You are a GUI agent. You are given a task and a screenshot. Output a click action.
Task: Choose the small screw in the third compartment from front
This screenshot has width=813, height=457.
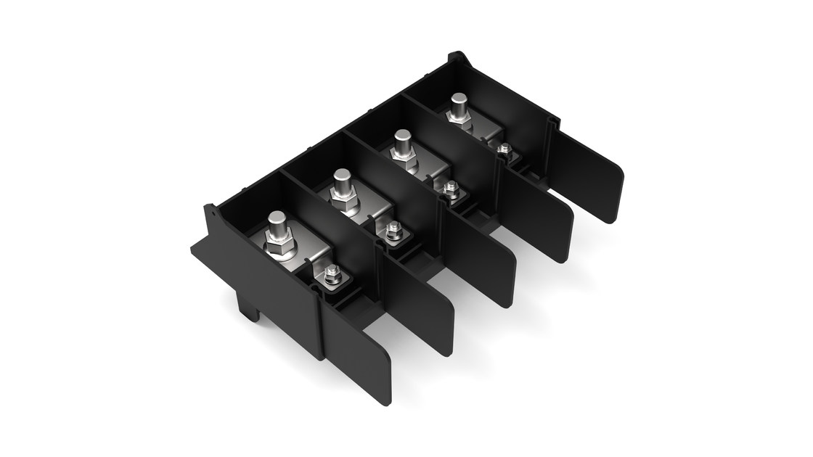point(450,189)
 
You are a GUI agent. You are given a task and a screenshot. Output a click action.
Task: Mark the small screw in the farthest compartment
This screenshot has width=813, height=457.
point(504,149)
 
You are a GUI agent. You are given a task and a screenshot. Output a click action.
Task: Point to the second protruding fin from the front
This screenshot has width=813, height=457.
point(424,305)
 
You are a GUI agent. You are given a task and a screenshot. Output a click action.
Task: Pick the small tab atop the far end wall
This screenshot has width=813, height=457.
point(456,56)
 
